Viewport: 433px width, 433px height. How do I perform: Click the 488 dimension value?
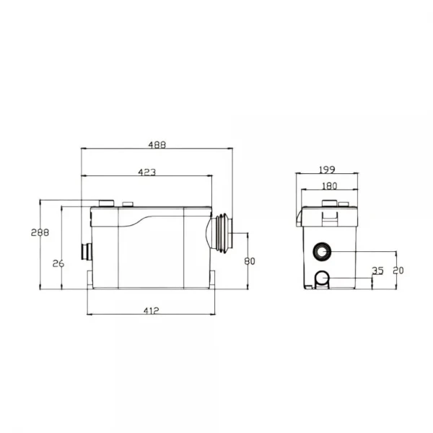(157, 145)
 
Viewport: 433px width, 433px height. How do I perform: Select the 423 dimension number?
(147, 172)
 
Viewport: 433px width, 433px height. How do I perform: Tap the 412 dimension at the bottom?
(152, 310)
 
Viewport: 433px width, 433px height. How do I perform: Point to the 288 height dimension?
(40, 232)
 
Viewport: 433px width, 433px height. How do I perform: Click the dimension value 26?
(58, 263)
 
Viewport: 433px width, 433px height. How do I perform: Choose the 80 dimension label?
(250, 261)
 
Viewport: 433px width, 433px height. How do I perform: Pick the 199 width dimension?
(327, 170)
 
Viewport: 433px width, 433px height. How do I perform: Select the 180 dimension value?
(330, 186)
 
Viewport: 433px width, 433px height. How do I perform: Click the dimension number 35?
(377, 271)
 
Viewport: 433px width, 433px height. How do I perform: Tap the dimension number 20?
(398, 271)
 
